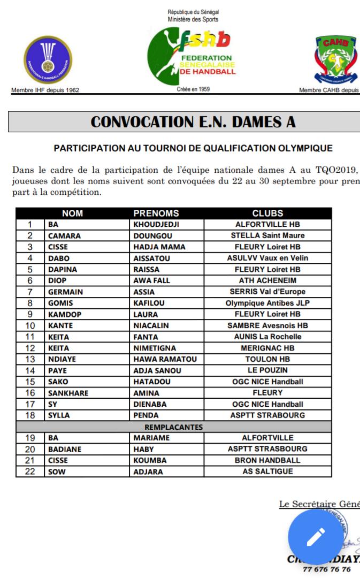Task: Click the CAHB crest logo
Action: tap(335, 61)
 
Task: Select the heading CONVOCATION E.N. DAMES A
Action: tap(193, 121)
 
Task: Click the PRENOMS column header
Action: tap(156, 214)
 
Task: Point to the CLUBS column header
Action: tap(267, 214)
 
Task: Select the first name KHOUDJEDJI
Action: tap(156, 225)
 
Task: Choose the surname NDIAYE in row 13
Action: tap(62, 359)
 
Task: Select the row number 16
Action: tap(30, 393)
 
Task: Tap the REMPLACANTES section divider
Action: tap(174, 427)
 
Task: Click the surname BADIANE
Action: tap(65, 449)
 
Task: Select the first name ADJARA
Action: tap(148, 471)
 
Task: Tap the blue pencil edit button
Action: tap(316, 535)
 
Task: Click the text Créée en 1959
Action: tap(193, 89)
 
